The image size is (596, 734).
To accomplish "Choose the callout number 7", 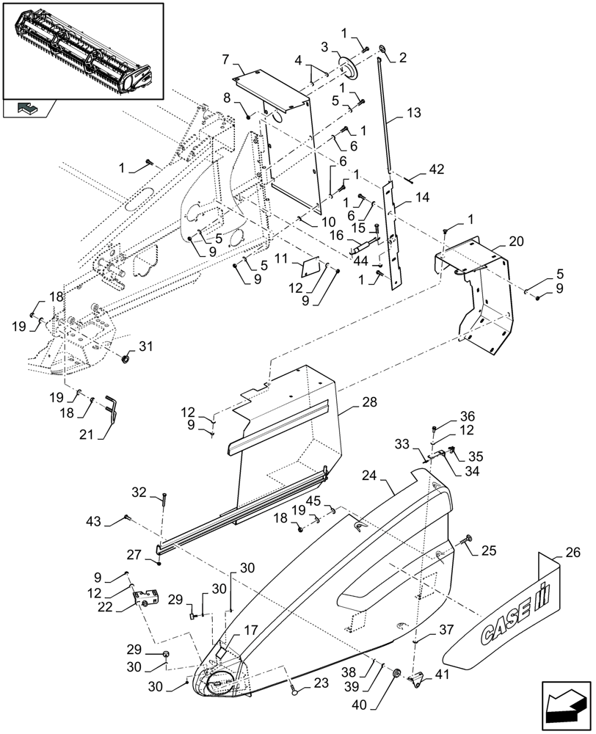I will (226, 58).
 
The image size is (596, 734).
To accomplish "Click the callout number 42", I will (437, 169).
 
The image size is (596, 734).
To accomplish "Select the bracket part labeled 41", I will (418, 679).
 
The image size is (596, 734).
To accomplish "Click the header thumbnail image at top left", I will (82, 51).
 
